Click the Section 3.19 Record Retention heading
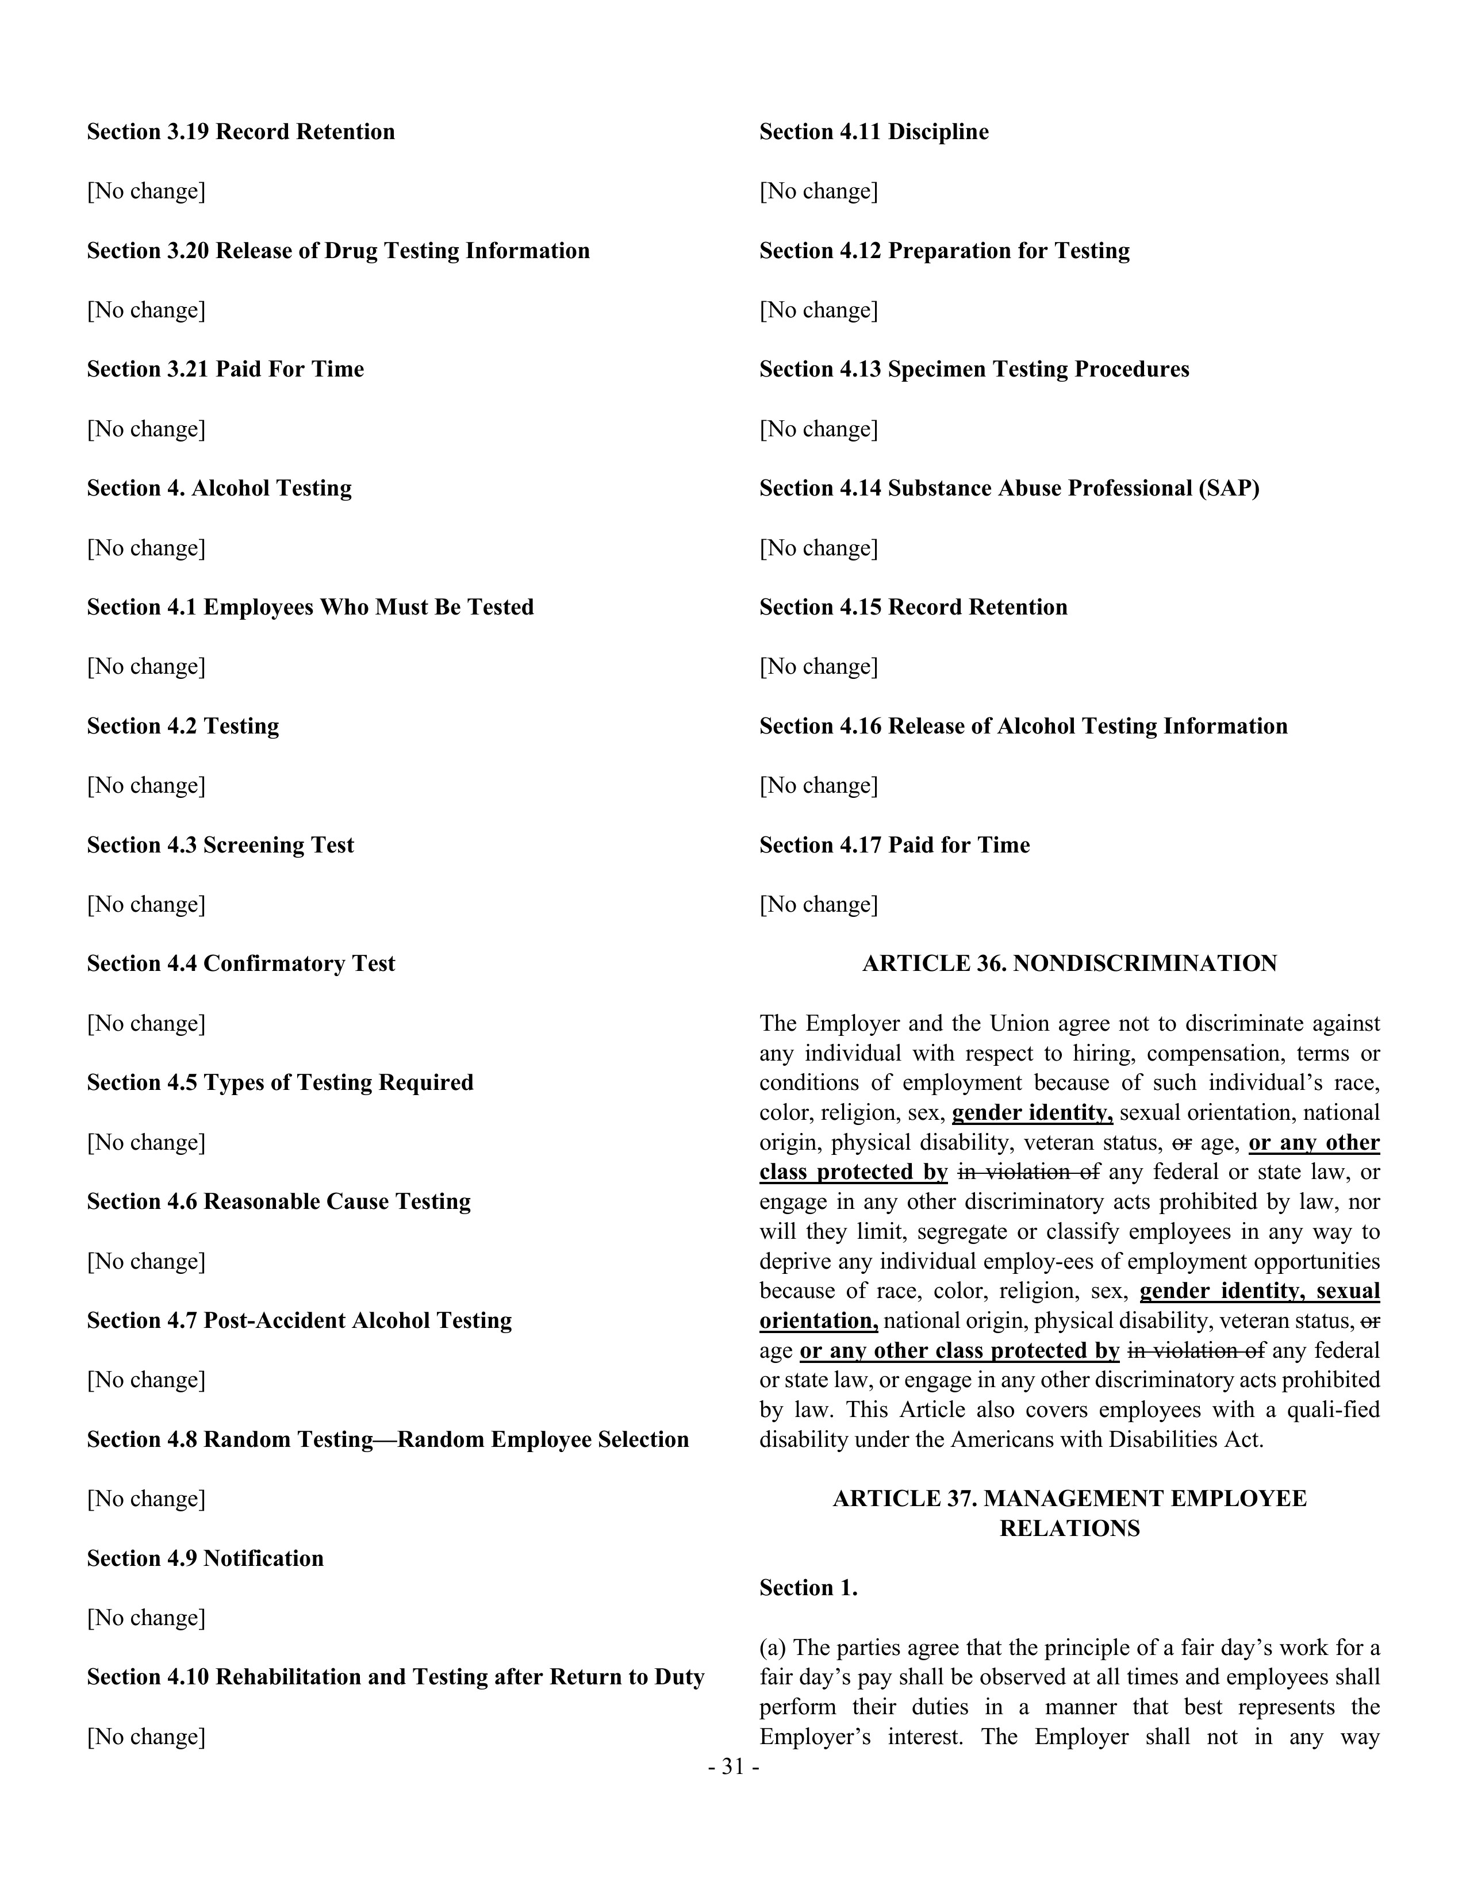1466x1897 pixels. (240, 132)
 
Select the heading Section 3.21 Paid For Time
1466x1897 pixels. (225, 369)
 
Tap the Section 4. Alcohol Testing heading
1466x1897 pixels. (219, 488)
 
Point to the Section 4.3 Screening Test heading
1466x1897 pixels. (220, 845)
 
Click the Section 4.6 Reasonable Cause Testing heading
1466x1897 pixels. (278, 1201)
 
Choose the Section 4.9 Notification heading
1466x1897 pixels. (205, 1558)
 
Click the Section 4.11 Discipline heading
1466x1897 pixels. (874, 132)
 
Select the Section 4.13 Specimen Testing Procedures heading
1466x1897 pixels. (973, 369)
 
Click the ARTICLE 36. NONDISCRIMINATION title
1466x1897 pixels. (1069, 963)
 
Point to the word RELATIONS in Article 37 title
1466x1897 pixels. (1069, 1528)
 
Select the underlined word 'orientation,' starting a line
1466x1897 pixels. (818, 1321)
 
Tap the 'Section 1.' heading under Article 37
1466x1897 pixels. (808, 1588)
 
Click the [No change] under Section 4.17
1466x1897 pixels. (818, 904)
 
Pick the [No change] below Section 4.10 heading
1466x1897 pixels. (146, 1736)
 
